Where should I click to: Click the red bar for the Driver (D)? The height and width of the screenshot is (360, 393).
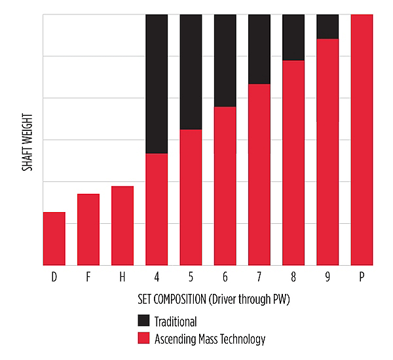(x=54, y=239)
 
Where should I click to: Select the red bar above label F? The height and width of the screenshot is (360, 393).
(x=88, y=230)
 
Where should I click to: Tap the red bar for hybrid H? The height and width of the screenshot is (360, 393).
(x=122, y=226)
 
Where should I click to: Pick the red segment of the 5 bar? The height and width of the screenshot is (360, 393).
(x=191, y=197)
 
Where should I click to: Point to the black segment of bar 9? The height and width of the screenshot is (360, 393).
(x=327, y=26)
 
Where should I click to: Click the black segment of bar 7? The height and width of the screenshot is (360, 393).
(x=259, y=49)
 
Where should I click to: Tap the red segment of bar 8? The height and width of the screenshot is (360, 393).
(x=293, y=163)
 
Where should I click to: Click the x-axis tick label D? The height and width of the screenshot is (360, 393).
(x=54, y=277)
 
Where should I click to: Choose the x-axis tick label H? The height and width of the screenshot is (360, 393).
(x=122, y=277)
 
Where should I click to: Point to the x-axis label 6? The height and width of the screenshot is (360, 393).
(x=225, y=277)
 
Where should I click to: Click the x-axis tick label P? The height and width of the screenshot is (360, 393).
(x=362, y=277)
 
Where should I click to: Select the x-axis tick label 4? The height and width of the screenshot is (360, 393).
(x=157, y=277)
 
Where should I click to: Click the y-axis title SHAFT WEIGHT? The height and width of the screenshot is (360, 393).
(x=28, y=141)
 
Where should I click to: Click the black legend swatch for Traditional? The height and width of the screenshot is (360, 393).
(x=143, y=321)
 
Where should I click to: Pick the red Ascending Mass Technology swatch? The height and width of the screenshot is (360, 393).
(x=143, y=338)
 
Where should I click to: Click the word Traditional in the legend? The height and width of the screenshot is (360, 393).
(x=176, y=321)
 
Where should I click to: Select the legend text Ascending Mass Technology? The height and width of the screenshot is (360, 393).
(x=210, y=339)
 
